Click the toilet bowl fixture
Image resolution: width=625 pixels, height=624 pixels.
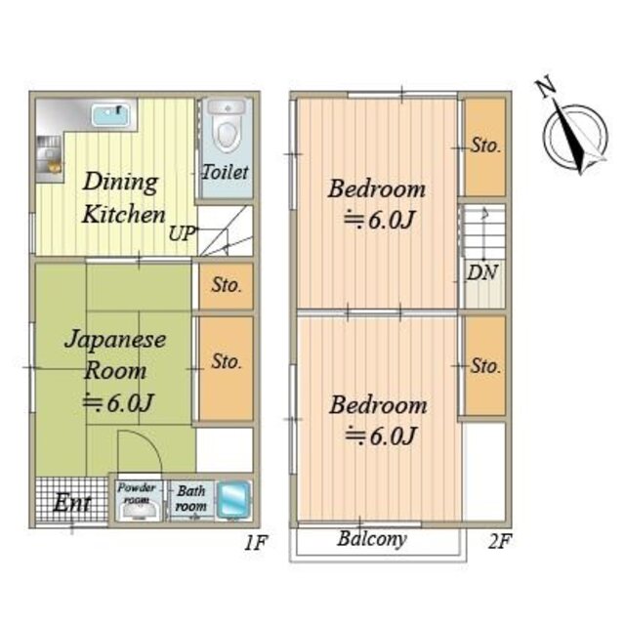227,126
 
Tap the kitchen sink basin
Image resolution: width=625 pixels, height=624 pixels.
111,115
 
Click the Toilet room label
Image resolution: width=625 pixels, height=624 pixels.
226,172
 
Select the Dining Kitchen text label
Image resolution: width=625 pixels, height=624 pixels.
123,197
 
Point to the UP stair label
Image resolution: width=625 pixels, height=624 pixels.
183,234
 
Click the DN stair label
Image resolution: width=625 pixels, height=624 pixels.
482,272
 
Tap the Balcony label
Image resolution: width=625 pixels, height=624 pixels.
372,539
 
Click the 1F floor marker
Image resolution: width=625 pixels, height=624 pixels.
256,542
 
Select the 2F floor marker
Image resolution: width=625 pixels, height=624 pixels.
499,541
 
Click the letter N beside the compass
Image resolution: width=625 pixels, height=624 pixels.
545,88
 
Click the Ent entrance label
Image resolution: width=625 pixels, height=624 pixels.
72,503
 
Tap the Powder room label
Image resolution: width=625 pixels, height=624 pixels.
136,493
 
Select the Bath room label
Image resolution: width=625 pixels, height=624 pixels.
191,498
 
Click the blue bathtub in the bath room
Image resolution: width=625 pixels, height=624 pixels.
233,501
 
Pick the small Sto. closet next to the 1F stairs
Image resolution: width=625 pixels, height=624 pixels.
226,285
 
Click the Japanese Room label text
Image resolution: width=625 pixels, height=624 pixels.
115,354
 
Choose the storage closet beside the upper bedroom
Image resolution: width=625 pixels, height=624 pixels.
485,146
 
